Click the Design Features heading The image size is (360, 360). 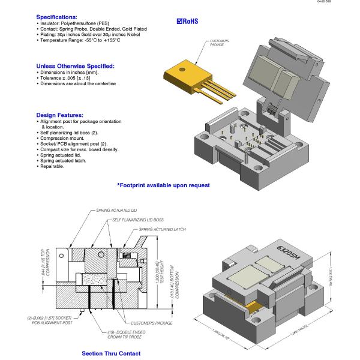(x=63, y=115)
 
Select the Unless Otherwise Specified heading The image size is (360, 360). (x=75, y=65)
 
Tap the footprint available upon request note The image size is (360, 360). (x=163, y=185)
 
